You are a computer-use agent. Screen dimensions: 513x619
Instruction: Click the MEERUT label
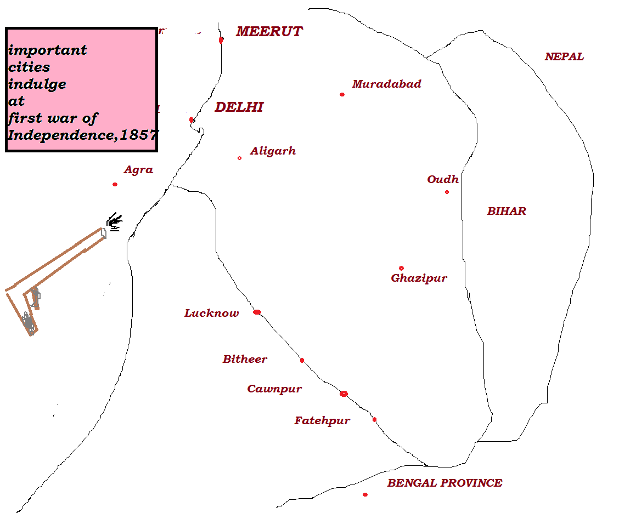tap(269, 32)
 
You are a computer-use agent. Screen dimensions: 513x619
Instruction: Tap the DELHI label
tap(239, 107)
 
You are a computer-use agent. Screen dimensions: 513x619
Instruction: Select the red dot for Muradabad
tap(342, 94)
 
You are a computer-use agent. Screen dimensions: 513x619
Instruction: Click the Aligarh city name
tap(273, 151)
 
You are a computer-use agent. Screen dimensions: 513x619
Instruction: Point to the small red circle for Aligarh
tap(239, 158)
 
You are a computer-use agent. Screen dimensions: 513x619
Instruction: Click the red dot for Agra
tap(115, 184)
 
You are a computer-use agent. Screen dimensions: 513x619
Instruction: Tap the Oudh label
tap(443, 180)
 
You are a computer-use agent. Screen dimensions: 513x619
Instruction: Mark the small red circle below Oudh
tap(447, 192)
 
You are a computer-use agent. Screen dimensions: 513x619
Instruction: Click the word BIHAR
tap(507, 211)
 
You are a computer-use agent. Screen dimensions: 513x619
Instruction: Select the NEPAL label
tap(564, 56)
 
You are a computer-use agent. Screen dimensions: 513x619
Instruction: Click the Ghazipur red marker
tap(401, 268)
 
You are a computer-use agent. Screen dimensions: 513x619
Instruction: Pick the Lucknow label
tap(212, 314)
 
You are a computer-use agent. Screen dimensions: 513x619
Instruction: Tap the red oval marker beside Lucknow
tap(257, 312)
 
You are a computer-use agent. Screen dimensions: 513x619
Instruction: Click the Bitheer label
tap(245, 360)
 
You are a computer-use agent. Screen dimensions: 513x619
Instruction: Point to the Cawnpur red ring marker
tap(344, 394)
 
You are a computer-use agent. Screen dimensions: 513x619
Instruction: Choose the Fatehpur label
tap(322, 421)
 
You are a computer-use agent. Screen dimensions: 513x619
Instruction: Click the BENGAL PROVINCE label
tap(444, 483)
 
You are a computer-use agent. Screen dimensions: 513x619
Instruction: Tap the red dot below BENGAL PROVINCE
tap(365, 494)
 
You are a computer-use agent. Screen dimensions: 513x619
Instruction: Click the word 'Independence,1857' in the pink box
tap(82, 135)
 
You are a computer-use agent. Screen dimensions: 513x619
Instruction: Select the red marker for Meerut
tap(221, 39)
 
